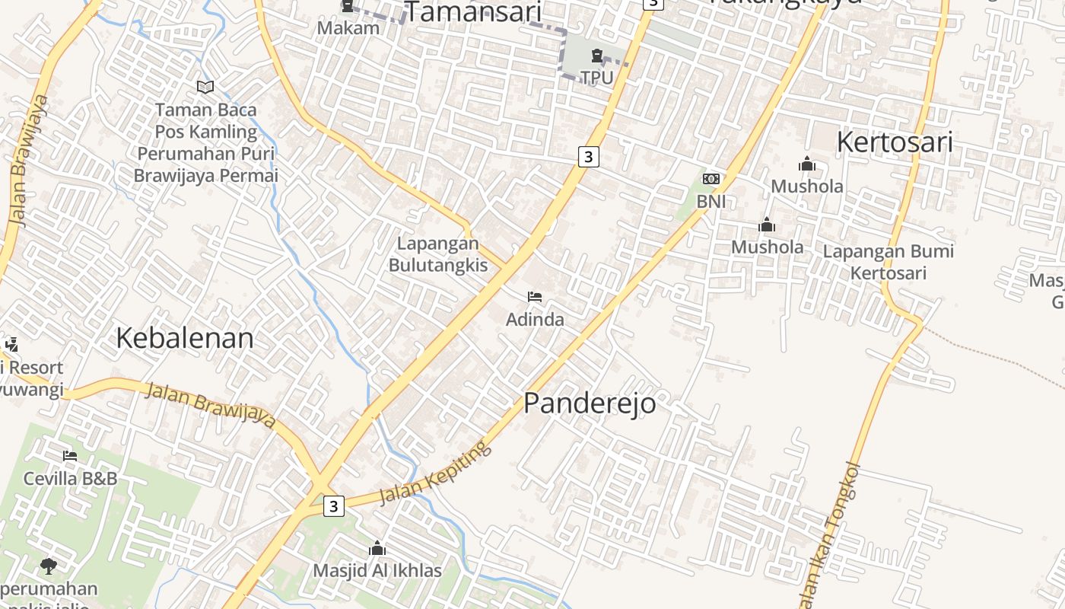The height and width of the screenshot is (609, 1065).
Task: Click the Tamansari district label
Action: tap(472, 13)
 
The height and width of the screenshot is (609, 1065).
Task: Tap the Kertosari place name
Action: tap(895, 142)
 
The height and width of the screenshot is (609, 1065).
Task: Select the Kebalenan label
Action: tap(185, 338)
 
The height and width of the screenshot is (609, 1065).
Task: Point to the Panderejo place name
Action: tap(590, 403)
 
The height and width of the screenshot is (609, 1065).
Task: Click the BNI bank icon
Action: tap(711, 179)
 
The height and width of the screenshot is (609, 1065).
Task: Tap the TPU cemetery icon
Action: tap(597, 56)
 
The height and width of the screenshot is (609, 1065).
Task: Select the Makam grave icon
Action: tap(348, 7)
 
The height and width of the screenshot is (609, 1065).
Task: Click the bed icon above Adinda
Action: tap(535, 297)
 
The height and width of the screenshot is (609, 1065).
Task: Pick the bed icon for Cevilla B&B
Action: tap(70, 456)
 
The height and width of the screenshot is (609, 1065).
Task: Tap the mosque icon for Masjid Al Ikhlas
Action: tap(377, 548)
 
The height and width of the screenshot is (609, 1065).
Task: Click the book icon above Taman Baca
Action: tap(205, 87)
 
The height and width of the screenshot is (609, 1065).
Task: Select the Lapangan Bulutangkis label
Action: tap(437, 254)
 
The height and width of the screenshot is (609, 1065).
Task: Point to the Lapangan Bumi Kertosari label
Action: tap(888, 262)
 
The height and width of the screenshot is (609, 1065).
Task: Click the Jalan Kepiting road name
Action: tap(436, 473)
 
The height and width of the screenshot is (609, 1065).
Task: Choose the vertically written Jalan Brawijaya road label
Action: tap(29, 160)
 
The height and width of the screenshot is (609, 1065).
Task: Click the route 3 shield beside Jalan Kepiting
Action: tap(333, 505)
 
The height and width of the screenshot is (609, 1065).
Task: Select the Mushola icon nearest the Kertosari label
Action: tap(807, 164)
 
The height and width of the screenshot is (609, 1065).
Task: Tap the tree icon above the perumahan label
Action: tap(49, 566)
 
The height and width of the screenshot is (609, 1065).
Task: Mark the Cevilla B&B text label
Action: tap(70, 479)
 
